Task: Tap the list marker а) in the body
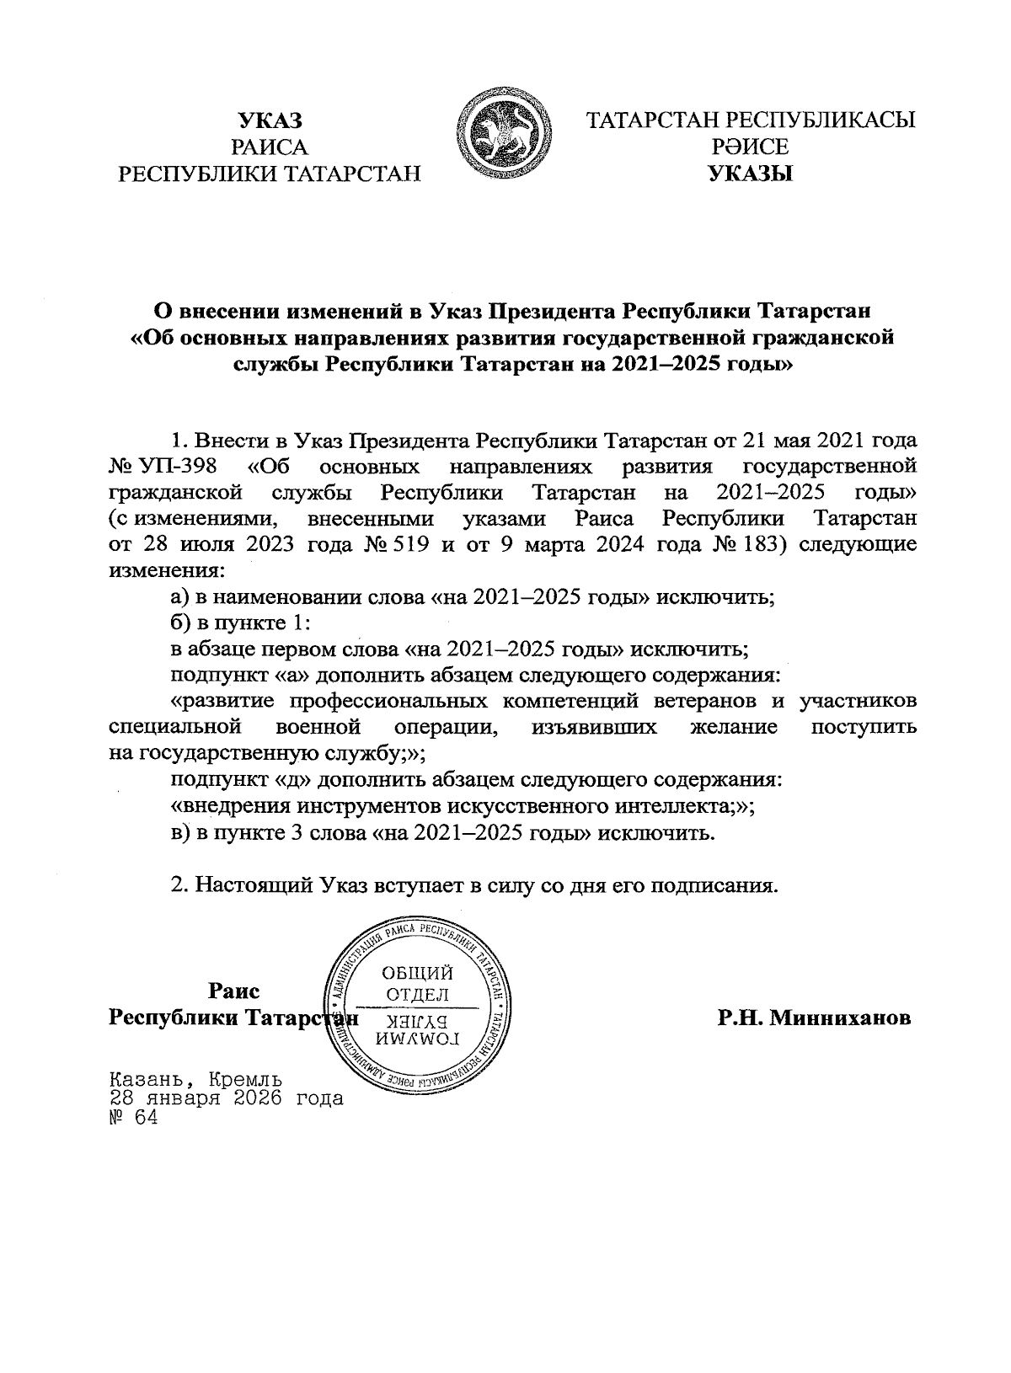tap(179, 597)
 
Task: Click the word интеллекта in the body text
tap(670, 805)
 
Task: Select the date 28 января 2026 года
tap(226, 1098)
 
